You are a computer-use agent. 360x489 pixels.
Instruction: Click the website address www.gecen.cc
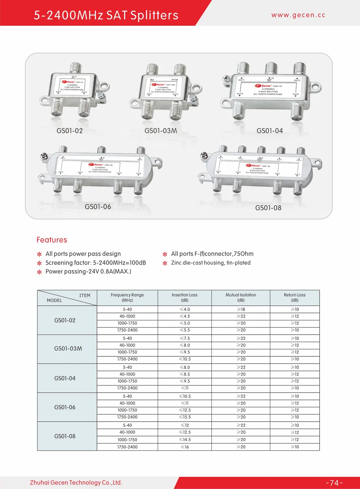(x=298, y=15)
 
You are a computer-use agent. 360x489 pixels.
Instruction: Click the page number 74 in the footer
(x=334, y=483)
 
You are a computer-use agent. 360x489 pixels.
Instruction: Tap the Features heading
(x=52, y=240)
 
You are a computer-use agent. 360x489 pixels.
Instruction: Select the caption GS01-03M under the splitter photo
(x=160, y=131)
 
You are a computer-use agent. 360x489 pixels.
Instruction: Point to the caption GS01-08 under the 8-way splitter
(x=268, y=208)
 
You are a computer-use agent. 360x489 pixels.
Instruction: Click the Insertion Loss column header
(x=185, y=298)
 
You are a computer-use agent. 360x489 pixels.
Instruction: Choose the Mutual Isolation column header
(x=241, y=298)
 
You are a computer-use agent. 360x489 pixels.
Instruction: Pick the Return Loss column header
(x=295, y=298)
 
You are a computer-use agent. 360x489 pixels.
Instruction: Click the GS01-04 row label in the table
(x=65, y=378)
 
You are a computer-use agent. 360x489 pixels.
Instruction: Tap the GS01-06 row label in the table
(x=65, y=407)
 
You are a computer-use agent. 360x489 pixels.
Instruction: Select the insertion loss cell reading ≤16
(x=185, y=447)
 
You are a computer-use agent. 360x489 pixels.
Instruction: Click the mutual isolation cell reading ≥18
(x=241, y=309)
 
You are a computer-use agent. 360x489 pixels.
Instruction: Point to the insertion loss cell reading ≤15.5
(x=185, y=417)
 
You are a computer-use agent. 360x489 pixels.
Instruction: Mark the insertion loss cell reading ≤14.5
(x=185, y=440)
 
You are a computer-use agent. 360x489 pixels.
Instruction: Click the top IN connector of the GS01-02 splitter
(x=75, y=67)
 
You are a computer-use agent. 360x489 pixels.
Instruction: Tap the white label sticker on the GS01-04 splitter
(x=268, y=87)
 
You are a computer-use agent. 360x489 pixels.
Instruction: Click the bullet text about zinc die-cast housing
(x=211, y=263)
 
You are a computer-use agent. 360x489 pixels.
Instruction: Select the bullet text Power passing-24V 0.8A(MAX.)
(x=88, y=271)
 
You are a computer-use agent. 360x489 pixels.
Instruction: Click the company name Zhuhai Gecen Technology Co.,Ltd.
(x=76, y=483)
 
